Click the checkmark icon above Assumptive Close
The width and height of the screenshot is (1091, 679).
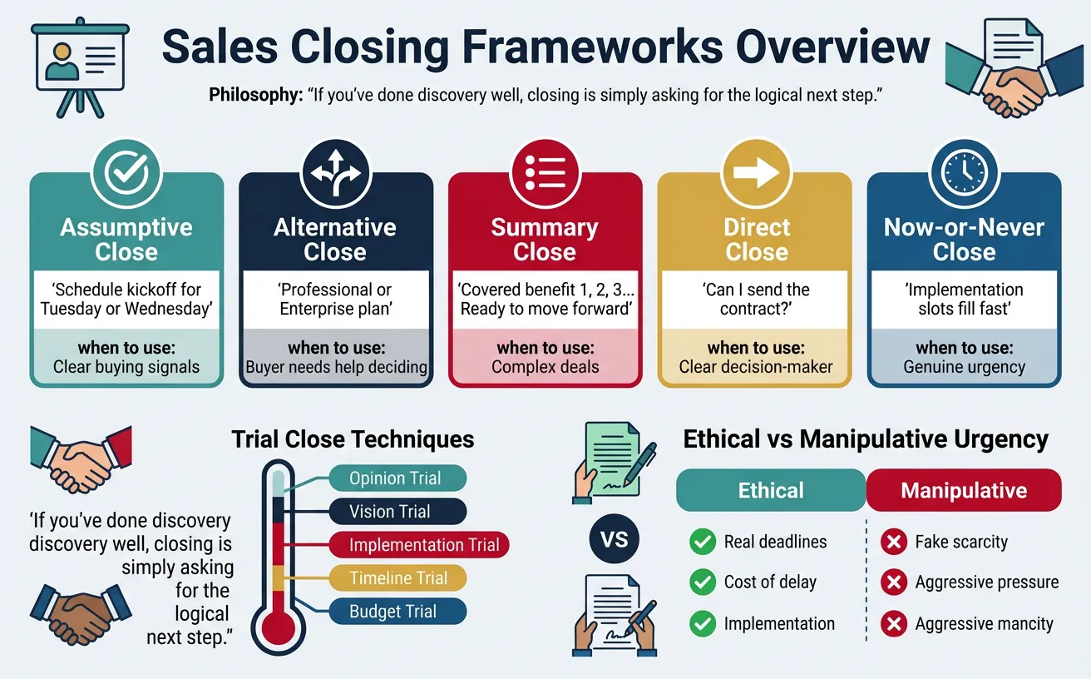click(126, 172)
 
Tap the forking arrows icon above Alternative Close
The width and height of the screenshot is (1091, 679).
click(336, 172)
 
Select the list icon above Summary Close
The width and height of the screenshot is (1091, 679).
click(545, 172)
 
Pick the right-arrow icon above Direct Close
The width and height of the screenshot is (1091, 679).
click(755, 172)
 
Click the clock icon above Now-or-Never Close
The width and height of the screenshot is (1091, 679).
click(964, 172)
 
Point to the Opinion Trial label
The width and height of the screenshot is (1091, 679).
click(396, 478)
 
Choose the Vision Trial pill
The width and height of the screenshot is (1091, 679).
click(391, 512)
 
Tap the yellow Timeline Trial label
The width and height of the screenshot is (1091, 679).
click(398, 578)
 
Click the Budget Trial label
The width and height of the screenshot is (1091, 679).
click(393, 612)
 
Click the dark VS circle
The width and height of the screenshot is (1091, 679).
click(614, 539)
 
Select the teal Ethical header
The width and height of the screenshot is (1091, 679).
click(771, 490)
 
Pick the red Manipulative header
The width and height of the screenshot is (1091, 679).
click(964, 490)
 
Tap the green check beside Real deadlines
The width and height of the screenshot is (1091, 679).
click(703, 543)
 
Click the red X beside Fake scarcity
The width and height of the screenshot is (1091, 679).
click(894, 543)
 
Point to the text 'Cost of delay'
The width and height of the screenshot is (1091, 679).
click(770, 582)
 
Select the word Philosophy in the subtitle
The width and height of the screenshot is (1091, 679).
click(255, 96)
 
